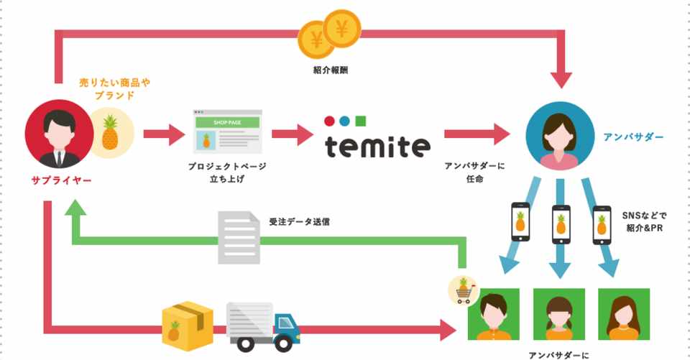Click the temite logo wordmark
coord(377,146)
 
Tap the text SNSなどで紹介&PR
coord(644,222)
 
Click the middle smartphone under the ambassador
coord(561,223)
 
